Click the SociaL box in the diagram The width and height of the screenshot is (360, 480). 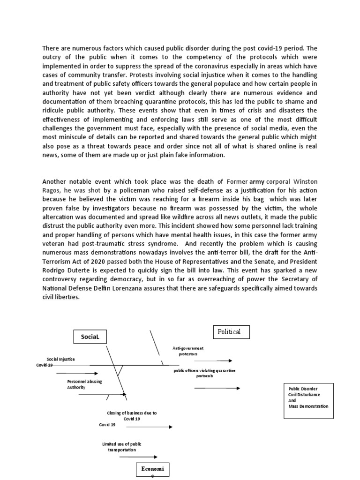click(90, 337)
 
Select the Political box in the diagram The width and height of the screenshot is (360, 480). click(231, 332)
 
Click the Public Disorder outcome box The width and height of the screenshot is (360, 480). click(308, 397)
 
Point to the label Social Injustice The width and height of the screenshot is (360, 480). click(60, 359)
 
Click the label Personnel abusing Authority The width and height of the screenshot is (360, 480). click(84, 384)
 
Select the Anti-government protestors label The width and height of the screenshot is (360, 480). click(188, 351)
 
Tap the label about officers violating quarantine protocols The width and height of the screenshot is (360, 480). click(204, 373)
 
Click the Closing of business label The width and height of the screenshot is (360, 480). click(132, 416)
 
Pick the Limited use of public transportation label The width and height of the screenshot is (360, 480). click(121, 447)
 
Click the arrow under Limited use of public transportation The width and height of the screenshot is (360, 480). click(138, 457)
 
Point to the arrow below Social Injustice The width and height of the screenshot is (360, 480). click(77, 374)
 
